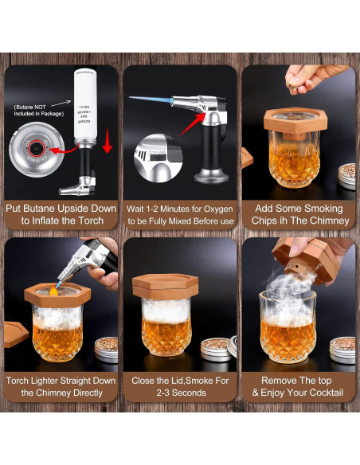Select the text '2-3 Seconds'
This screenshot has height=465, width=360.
(180, 393)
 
